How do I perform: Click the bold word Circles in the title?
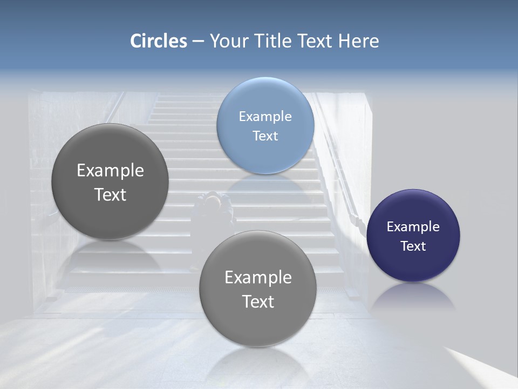(x=159, y=41)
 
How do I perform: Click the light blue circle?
(x=265, y=125)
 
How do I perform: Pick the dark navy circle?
(x=413, y=236)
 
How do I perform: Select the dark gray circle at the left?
(x=110, y=182)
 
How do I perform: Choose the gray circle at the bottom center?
(x=258, y=289)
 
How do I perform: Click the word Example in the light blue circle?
(x=265, y=116)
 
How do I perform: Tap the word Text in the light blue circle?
(x=265, y=136)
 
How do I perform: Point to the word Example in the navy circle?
(x=413, y=226)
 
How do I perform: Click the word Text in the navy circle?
(x=413, y=246)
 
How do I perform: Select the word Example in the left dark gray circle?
(x=110, y=170)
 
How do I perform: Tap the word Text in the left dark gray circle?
(x=110, y=194)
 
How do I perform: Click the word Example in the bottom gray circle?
(x=258, y=277)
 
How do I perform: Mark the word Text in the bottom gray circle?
(x=258, y=301)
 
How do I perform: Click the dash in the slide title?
(x=197, y=42)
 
